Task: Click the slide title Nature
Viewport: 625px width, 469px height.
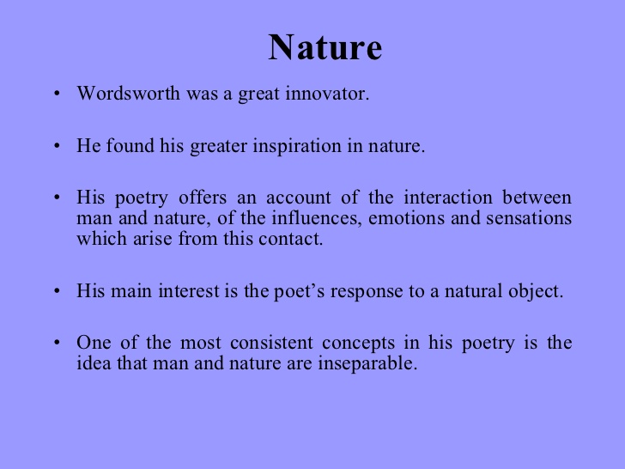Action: tap(325, 48)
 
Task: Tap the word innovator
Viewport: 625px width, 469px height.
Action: tap(330, 94)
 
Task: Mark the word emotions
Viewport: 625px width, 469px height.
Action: tap(407, 218)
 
